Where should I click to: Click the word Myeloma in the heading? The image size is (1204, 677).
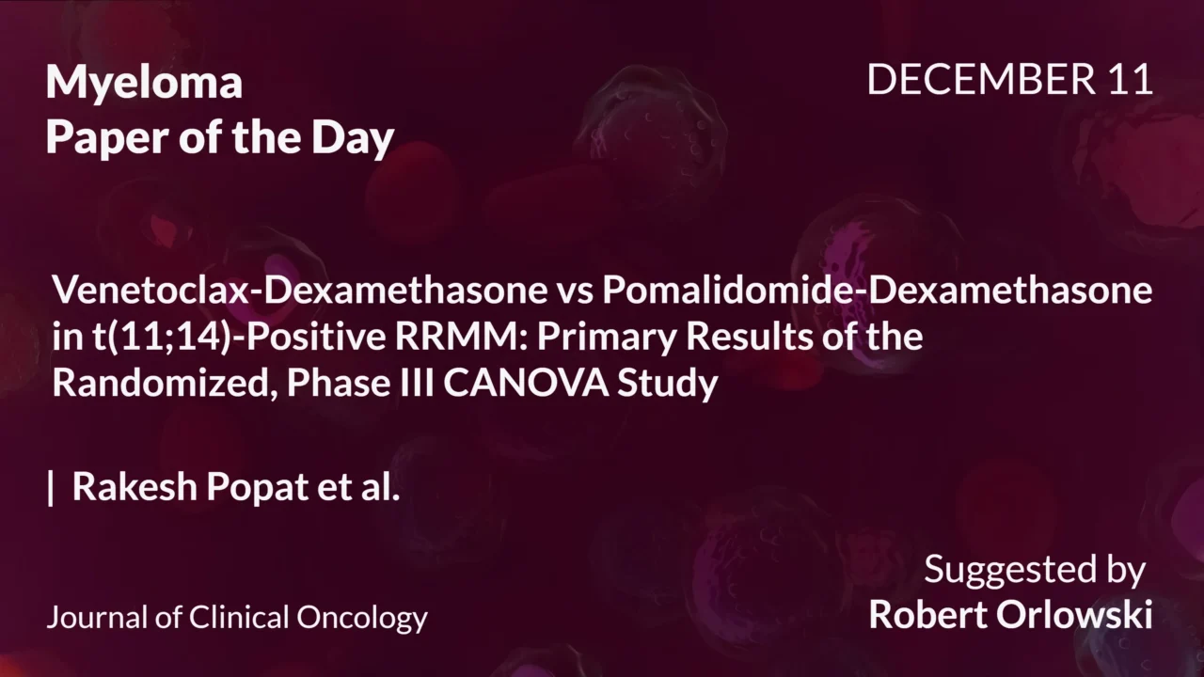tap(144, 84)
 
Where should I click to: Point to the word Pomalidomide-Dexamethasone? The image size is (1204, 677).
tap(877, 291)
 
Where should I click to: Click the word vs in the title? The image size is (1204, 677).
tap(570, 291)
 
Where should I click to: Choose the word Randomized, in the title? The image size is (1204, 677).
tap(164, 385)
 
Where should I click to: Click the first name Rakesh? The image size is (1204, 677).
tap(137, 487)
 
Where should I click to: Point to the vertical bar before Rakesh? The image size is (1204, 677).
tap(51, 488)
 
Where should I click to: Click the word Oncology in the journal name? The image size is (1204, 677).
tap(362, 618)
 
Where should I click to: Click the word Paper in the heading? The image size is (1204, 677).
tap(98, 138)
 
